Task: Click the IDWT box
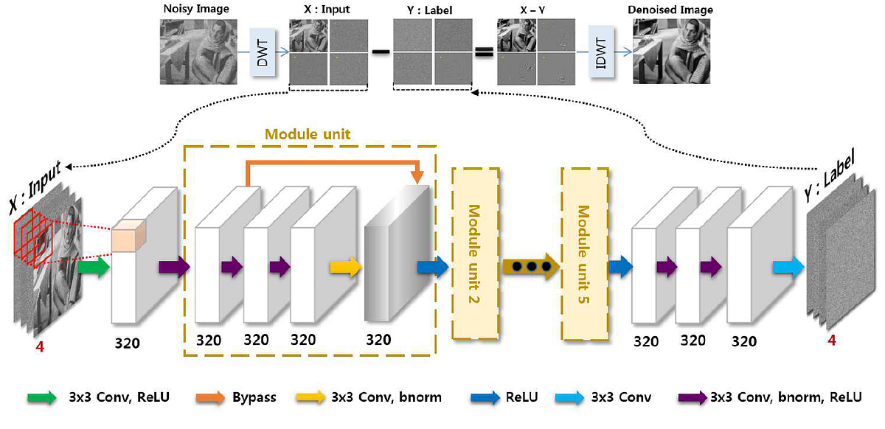coord(602,52)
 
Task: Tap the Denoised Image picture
coord(672,51)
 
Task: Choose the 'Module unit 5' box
coord(584,253)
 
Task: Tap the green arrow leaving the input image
coord(92,265)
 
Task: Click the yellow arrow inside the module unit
coord(345,266)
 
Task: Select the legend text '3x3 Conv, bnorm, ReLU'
coord(787,398)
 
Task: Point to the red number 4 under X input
coord(39,345)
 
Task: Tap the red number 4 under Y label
coord(831,341)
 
